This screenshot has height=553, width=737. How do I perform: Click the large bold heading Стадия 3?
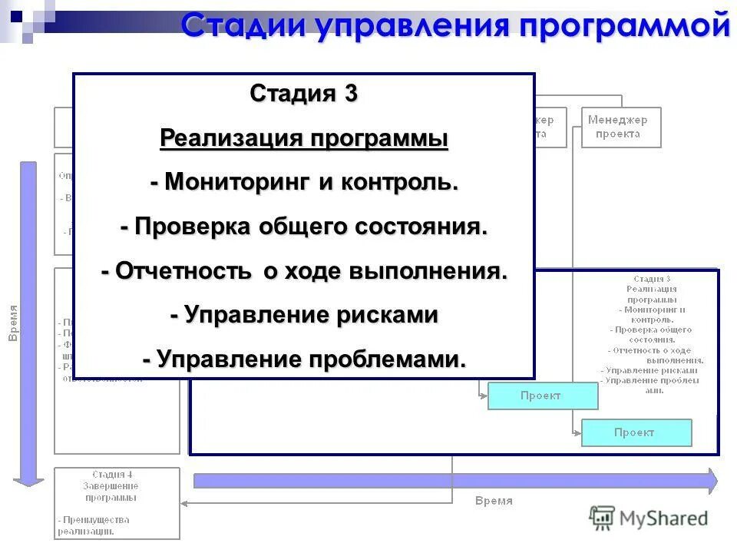[303, 94]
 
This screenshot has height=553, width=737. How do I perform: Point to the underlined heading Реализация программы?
[303, 139]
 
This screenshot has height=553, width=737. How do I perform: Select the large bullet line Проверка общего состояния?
[303, 227]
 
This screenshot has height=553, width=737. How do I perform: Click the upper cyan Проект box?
[542, 396]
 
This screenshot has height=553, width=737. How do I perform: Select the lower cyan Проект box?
[636, 432]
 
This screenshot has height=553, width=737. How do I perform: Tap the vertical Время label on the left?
[12, 323]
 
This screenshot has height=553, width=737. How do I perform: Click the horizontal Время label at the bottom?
[493, 501]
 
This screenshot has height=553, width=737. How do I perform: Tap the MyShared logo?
[649, 518]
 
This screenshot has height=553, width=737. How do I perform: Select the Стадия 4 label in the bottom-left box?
[117, 475]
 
